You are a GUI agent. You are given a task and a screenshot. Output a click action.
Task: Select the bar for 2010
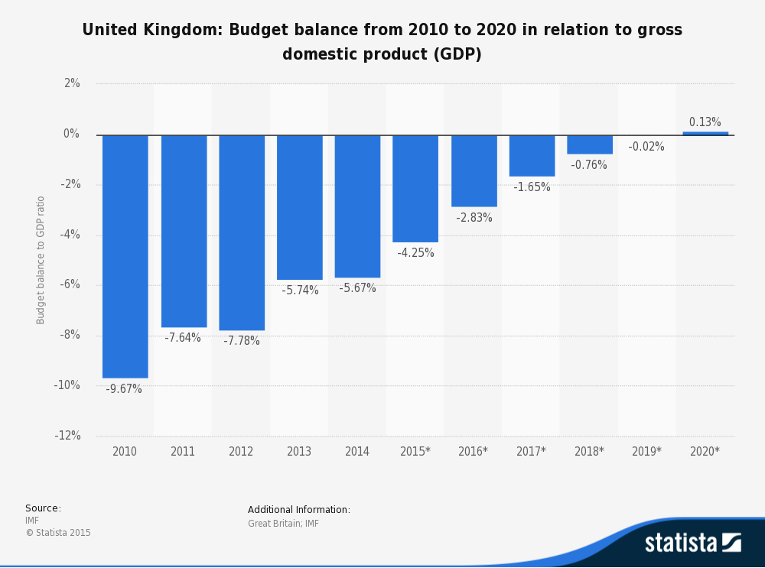125,256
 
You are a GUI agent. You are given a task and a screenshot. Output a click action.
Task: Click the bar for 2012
241,232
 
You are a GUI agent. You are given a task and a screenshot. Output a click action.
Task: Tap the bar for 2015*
415,188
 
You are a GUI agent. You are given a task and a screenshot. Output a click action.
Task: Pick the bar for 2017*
532,155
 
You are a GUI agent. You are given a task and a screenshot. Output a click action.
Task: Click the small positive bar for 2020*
705,133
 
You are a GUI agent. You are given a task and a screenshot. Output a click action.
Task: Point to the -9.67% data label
124,389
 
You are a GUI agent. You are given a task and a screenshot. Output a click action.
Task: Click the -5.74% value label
300,290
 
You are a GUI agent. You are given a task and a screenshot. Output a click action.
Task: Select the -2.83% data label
474,218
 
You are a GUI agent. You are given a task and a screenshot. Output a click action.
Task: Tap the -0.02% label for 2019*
646,147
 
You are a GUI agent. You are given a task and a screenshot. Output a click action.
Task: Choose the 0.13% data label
705,122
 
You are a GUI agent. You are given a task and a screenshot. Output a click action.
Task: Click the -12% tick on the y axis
68,436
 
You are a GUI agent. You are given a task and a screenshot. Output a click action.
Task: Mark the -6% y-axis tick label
70,284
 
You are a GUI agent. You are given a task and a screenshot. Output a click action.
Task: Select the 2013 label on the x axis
299,452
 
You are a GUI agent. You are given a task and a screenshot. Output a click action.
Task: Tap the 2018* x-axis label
589,452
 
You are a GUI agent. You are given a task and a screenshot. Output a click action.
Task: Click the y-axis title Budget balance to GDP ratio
41,260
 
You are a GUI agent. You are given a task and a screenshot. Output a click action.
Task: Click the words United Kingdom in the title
145,30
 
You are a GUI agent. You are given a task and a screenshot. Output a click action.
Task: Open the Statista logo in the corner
692,543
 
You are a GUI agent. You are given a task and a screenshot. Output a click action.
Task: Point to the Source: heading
43,508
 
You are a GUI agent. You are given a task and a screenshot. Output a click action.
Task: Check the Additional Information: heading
299,510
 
